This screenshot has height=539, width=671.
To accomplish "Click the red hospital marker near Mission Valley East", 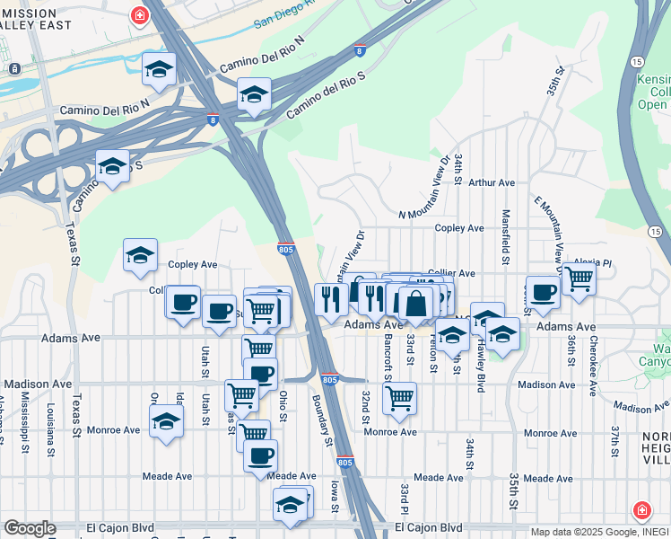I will click(140, 15).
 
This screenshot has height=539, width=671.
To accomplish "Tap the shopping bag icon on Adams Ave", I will click(416, 303).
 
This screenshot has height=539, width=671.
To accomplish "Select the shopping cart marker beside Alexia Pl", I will click(579, 278).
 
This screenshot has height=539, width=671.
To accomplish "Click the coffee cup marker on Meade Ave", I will click(260, 455).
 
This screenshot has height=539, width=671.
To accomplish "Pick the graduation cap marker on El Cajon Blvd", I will click(290, 506).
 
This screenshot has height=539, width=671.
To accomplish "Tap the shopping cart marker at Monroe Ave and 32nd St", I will click(399, 397).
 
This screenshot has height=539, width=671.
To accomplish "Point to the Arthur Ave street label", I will click(492, 182).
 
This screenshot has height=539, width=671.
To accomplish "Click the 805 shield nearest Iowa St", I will click(345, 463).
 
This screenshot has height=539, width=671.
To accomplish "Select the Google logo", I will click(30, 528).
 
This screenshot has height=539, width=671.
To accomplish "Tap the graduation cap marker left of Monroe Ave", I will click(166, 420).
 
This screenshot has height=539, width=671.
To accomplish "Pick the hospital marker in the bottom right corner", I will click(643, 511).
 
